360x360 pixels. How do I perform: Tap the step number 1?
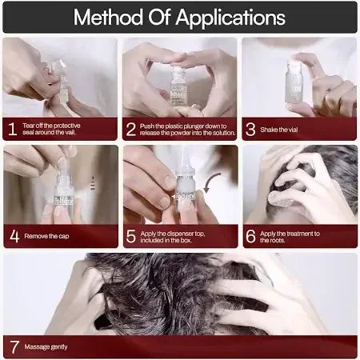[12, 128]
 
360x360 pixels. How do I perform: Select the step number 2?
[131, 128]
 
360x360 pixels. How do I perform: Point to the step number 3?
[251, 128]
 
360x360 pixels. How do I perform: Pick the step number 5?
[131, 236]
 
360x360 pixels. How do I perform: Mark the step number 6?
[251, 236]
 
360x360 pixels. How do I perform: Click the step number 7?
[13, 346]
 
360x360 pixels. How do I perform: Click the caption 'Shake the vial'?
[288, 128]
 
